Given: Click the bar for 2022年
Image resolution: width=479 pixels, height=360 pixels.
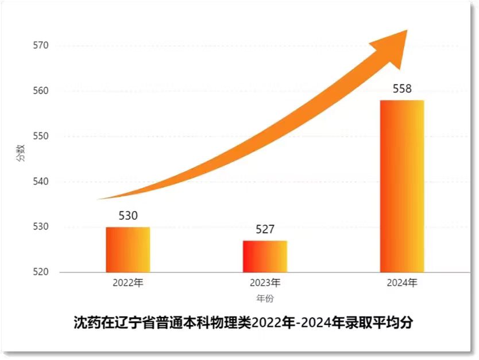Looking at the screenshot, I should [128, 250].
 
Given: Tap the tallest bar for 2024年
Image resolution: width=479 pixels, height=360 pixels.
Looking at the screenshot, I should [402, 186].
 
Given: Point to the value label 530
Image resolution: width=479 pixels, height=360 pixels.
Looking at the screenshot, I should [128, 216].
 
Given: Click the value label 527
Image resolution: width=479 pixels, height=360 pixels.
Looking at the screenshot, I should [265, 230].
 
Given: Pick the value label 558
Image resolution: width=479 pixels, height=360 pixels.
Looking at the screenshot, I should [402, 89].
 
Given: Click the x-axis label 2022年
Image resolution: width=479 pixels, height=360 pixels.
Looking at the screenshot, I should [128, 283].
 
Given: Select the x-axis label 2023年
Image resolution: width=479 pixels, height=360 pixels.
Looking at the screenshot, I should [265, 283].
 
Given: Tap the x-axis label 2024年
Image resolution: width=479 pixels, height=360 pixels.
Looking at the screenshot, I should [402, 283].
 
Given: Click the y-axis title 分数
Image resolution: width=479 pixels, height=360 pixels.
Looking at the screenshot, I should [20, 153].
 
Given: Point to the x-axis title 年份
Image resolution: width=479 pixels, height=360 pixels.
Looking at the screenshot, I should [265, 299].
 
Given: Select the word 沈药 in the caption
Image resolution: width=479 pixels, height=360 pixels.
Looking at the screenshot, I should [86, 323].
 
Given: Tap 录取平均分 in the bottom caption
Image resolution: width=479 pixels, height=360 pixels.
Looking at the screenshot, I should [381, 323].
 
